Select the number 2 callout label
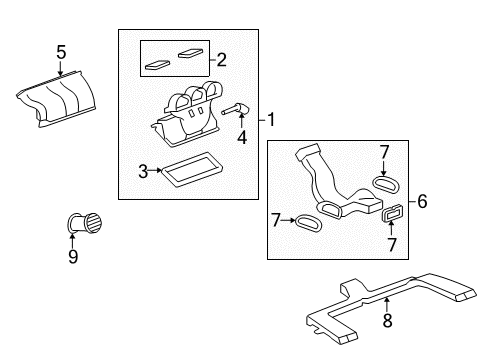pos(222,59)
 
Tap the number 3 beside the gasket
pos(143,171)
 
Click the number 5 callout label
pos(61,51)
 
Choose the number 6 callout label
pos(422,201)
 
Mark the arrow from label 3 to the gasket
pos(157,171)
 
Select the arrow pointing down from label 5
pos(61,67)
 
